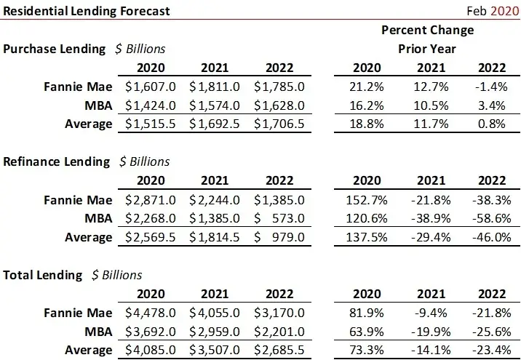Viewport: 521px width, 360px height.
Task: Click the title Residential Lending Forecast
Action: [87, 11]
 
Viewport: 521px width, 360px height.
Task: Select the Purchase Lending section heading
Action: [55, 49]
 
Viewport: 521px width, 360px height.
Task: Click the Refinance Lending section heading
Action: [57, 161]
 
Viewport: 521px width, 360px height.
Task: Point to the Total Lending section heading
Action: [43, 274]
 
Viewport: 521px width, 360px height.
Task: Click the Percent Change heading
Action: [426, 30]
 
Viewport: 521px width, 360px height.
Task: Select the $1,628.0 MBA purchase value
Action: [279, 105]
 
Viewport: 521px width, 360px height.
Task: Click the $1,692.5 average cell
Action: [214, 124]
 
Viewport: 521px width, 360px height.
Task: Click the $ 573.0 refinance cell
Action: [279, 218]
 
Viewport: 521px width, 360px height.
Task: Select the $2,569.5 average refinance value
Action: [148, 237]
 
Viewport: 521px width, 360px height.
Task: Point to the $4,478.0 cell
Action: [148, 313]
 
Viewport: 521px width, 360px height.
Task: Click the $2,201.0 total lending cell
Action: [279, 331]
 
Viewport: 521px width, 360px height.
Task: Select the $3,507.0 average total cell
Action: [214, 350]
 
